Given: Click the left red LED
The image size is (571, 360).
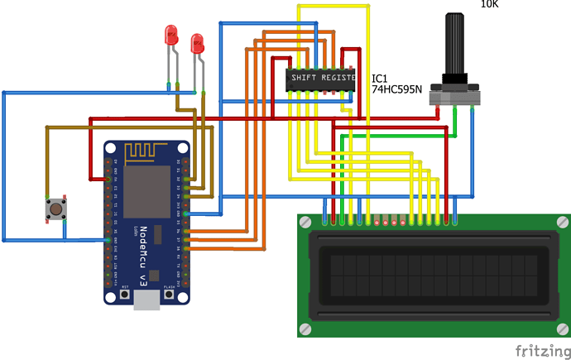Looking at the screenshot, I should pos(171,36).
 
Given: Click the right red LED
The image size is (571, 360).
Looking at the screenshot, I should pos(197,43).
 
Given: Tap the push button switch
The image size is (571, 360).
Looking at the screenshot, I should pos(55,209).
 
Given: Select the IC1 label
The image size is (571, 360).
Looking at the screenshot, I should pos(381,78).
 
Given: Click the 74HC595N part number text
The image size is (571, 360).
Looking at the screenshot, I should pos(396,89).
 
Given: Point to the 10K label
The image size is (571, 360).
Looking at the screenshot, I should pos(490,4).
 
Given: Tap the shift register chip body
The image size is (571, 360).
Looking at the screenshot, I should pos(321,78).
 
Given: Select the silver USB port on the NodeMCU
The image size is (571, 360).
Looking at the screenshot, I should pos(146,300).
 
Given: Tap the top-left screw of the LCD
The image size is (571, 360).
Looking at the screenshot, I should pos(306,222).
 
